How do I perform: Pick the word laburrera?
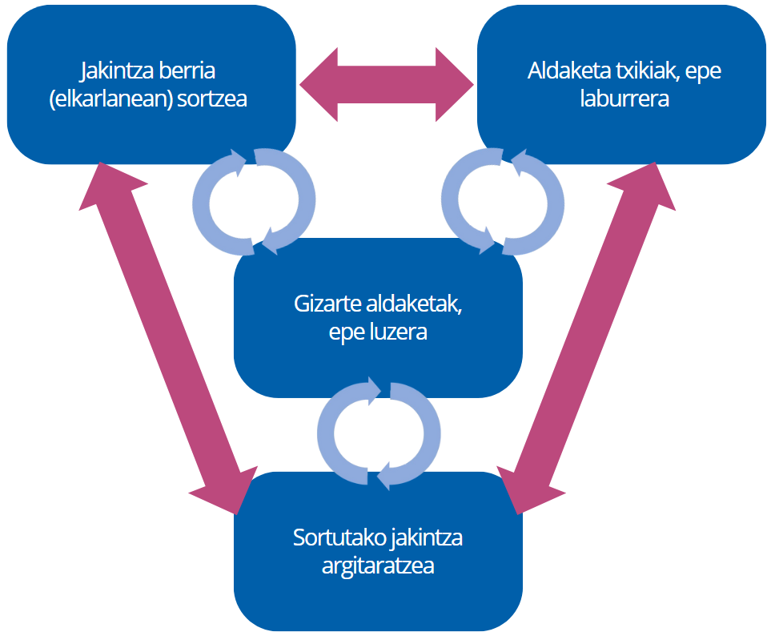click(624, 100)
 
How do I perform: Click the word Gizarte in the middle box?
click(326, 305)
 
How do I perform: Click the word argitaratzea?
click(378, 566)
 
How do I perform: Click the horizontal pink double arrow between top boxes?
click(386, 84)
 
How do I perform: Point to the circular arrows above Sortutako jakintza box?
click(378, 433)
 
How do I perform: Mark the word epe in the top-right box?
click(705, 71)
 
